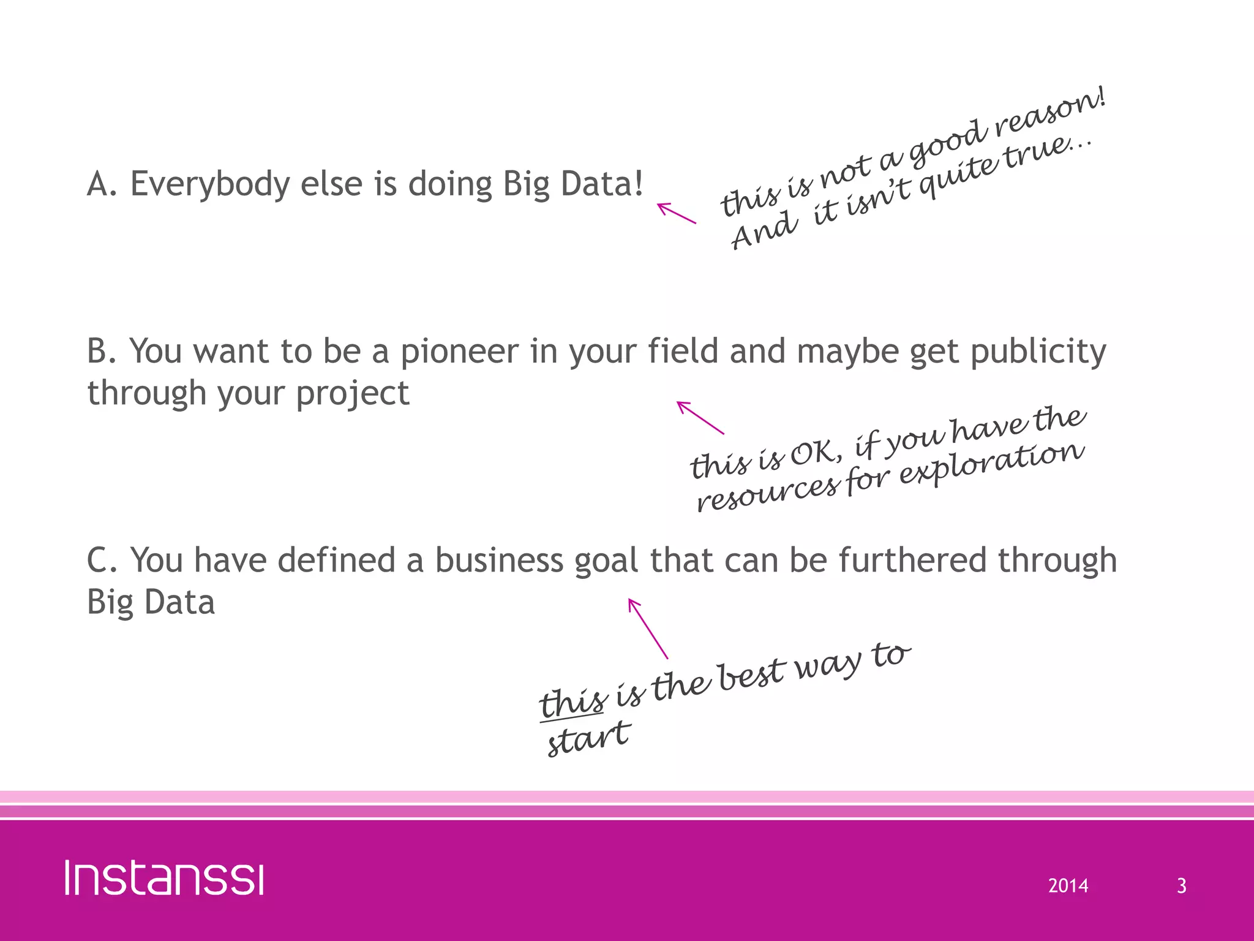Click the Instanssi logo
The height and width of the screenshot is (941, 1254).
pos(164,878)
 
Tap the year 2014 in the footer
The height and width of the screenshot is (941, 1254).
pos(1068,886)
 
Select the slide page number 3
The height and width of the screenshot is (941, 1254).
pos(1181,886)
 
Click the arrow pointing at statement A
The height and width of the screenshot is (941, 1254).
pos(676,213)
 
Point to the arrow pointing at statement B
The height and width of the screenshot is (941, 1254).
pos(700,417)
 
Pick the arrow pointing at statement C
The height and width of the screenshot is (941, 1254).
pos(648,628)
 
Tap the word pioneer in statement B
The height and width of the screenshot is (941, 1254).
pos(459,352)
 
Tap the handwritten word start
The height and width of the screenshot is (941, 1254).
pos(588,738)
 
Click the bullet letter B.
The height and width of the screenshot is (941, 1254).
pos(98,352)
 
